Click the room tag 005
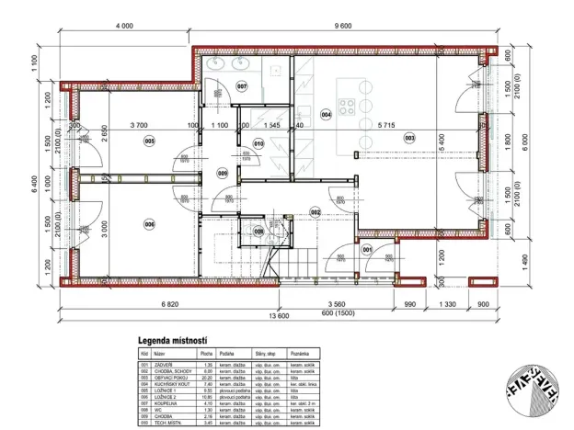(149, 141)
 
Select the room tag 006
(149, 223)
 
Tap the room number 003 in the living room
(410, 138)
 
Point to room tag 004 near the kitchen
(326, 114)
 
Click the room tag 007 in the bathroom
(242, 86)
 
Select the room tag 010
(258, 143)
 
